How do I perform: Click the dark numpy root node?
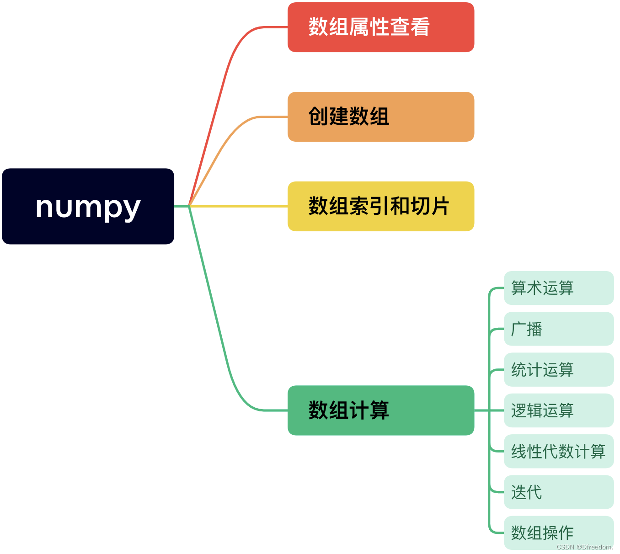click(88, 206)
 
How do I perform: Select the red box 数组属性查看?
click(380, 27)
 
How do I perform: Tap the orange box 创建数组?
click(380, 117)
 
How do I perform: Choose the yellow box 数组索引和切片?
click(380, 207)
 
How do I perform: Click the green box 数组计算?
click(380, 410)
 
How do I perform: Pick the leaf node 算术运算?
click(558, 288)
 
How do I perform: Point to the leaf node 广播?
click(558, 329)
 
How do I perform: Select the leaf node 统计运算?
click(558, 370)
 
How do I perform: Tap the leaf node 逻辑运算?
click(558, 410)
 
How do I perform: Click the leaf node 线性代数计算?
click(558, 452)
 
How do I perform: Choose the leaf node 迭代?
click(558, 492)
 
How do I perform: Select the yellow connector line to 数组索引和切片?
click(238, 207)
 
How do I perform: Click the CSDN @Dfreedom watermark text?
click(585, 547)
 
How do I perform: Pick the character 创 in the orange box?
click(318, 117)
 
